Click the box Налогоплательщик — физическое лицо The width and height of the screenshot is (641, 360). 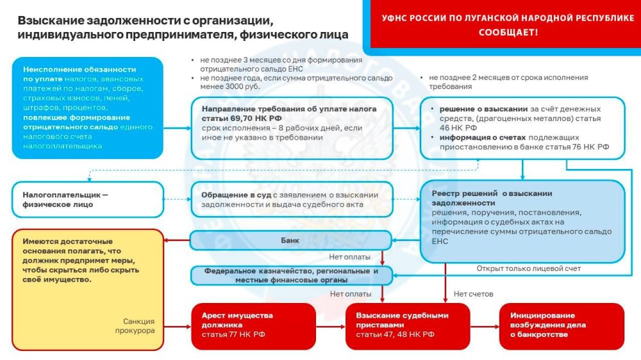pos(88,199)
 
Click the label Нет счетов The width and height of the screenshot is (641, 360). pos(469,294)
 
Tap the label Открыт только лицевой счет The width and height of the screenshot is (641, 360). pos(529,268)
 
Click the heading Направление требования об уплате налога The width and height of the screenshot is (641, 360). pos(289,113)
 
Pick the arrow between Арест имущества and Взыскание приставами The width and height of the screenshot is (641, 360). pos(331,325)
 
